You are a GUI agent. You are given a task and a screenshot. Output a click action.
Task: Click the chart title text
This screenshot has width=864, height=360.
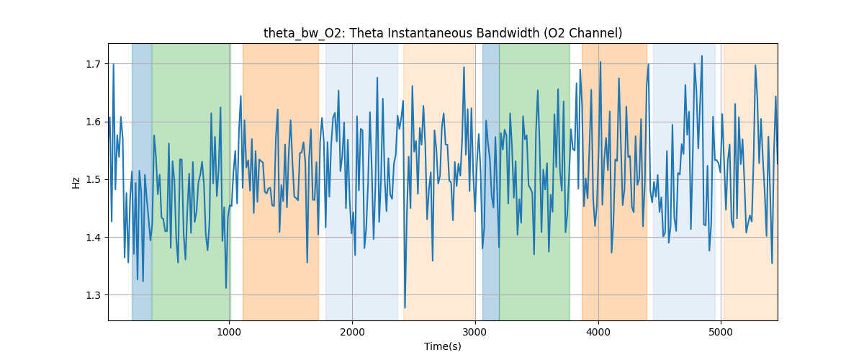pos(442,33)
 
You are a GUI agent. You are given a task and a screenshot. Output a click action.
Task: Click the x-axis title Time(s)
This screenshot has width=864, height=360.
pos(442,346)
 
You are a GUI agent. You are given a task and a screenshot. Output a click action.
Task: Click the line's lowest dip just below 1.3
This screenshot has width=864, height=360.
pos(405,307)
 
